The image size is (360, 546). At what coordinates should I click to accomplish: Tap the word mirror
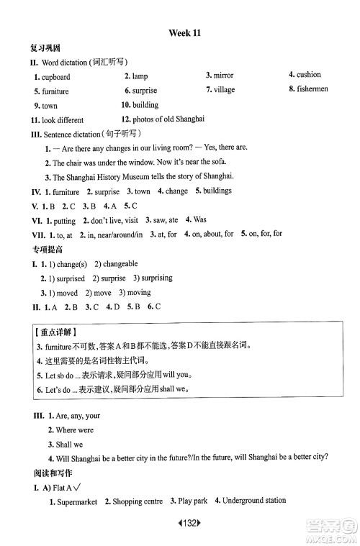223,76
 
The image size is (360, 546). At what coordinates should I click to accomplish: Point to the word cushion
309,75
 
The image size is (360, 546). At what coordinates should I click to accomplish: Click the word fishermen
313,89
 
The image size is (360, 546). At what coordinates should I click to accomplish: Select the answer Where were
74,430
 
